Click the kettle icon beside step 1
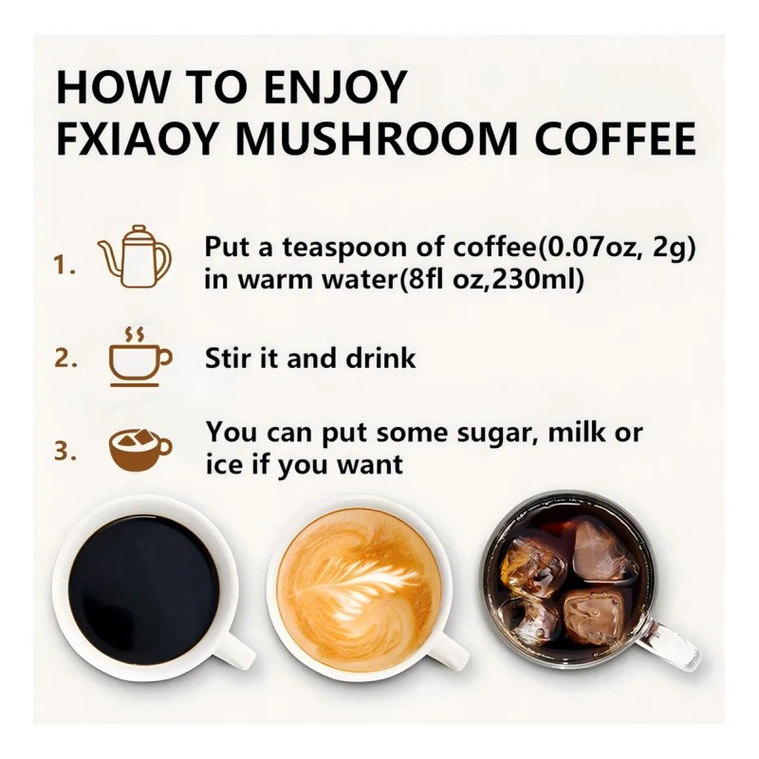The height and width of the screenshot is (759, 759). click(136, 256)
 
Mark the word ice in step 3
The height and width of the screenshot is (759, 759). click(223, 465)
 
